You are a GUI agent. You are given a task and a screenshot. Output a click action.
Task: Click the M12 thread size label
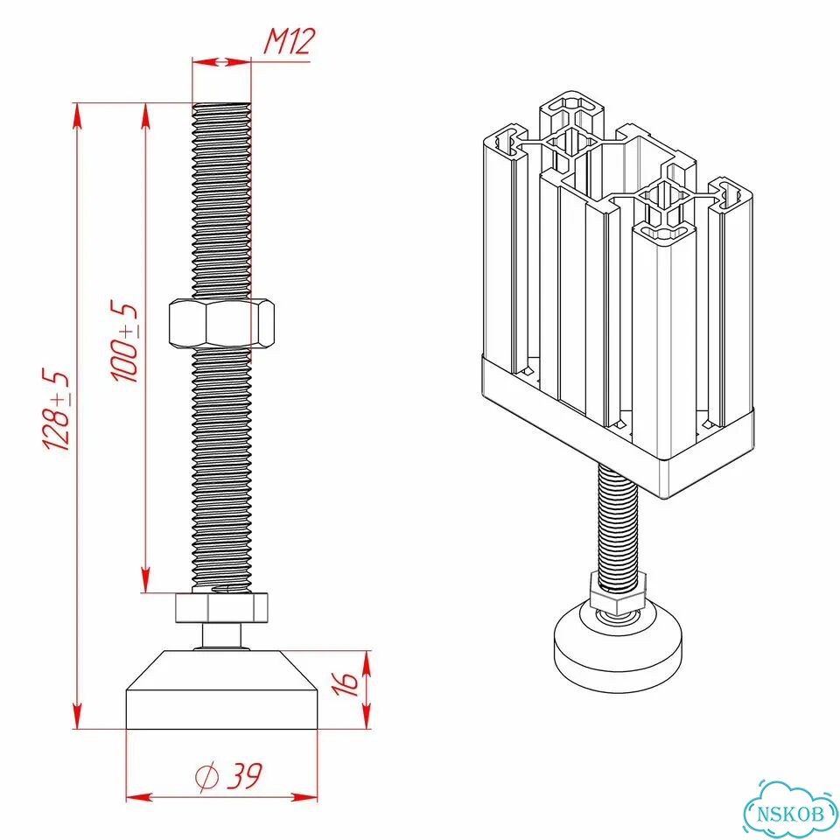tap(290, 41)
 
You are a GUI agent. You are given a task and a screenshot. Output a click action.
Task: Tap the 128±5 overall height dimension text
tap(56, 409)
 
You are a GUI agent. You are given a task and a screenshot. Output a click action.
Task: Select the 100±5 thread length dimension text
tap(124, 342)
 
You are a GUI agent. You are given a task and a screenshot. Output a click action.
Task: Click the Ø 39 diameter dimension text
tap(228, 776)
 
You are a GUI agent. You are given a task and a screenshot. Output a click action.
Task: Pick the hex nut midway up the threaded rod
tap(221, 323)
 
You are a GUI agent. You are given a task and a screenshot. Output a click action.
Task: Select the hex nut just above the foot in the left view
tap(221, 607)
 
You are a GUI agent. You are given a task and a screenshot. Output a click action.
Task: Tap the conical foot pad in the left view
tap(221, 690)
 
